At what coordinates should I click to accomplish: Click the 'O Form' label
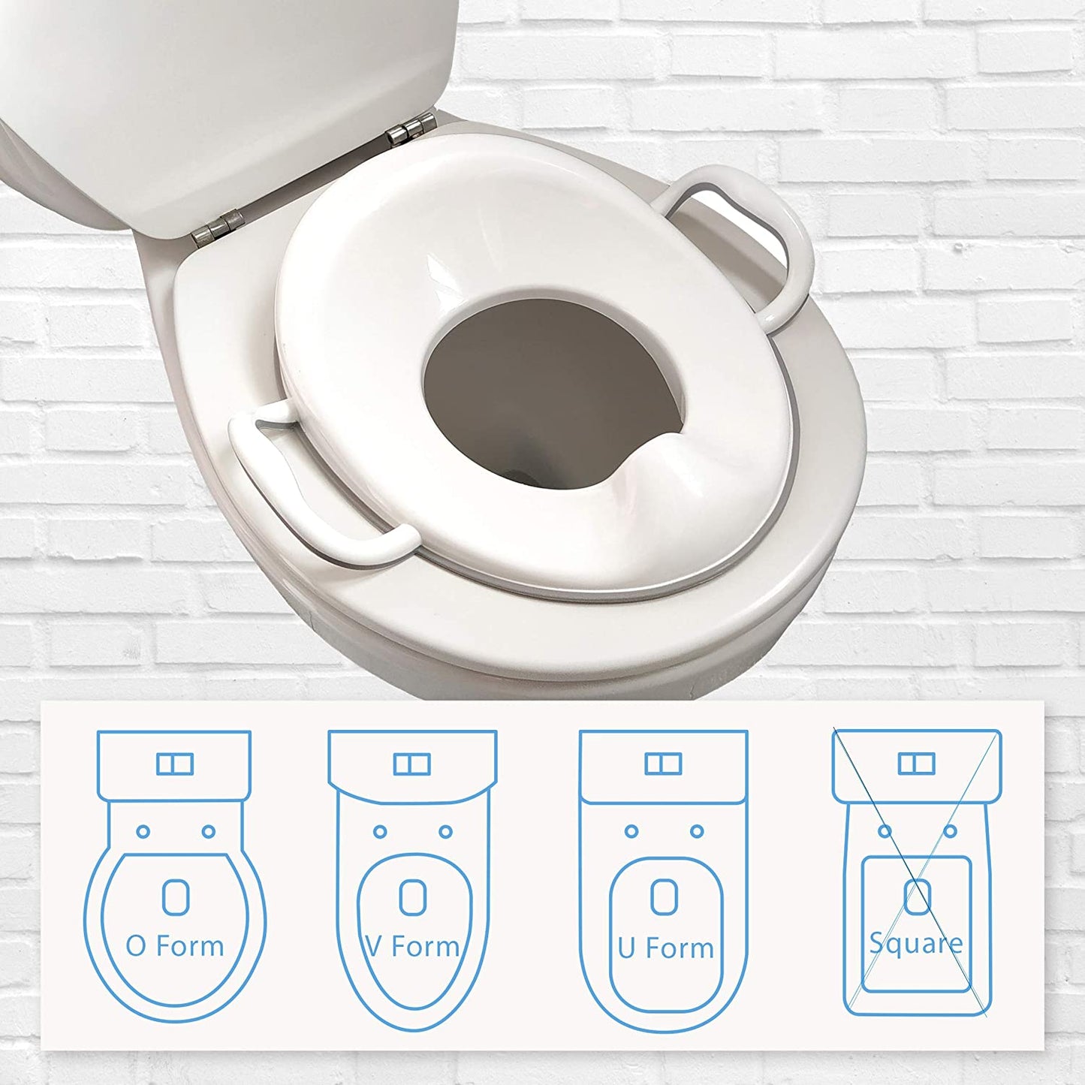click(175, 946)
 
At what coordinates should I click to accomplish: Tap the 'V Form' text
click(413, 947)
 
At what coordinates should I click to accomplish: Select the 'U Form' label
click(666, 948)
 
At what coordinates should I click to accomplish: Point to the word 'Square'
click(916, 943)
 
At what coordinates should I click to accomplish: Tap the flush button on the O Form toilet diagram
click(175, 764)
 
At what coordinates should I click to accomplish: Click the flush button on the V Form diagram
click(412, 764)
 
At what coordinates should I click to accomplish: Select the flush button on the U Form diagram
click(663, 764)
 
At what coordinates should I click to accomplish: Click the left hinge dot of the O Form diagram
click(143, 832)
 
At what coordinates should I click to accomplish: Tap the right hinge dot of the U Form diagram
click(697, 831)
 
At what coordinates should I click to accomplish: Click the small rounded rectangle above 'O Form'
click(175, 897)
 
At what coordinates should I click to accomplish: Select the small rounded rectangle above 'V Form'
click(412, 897)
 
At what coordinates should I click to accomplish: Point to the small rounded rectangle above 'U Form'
click(664, 897)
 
